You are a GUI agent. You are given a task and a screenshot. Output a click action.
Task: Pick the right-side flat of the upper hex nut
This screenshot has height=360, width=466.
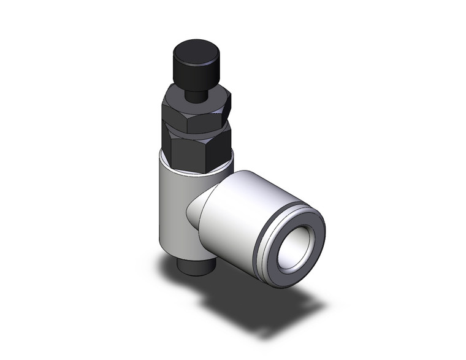tap(227, 107)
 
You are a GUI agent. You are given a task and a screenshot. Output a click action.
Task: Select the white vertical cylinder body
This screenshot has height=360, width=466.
tap(175, 209)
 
